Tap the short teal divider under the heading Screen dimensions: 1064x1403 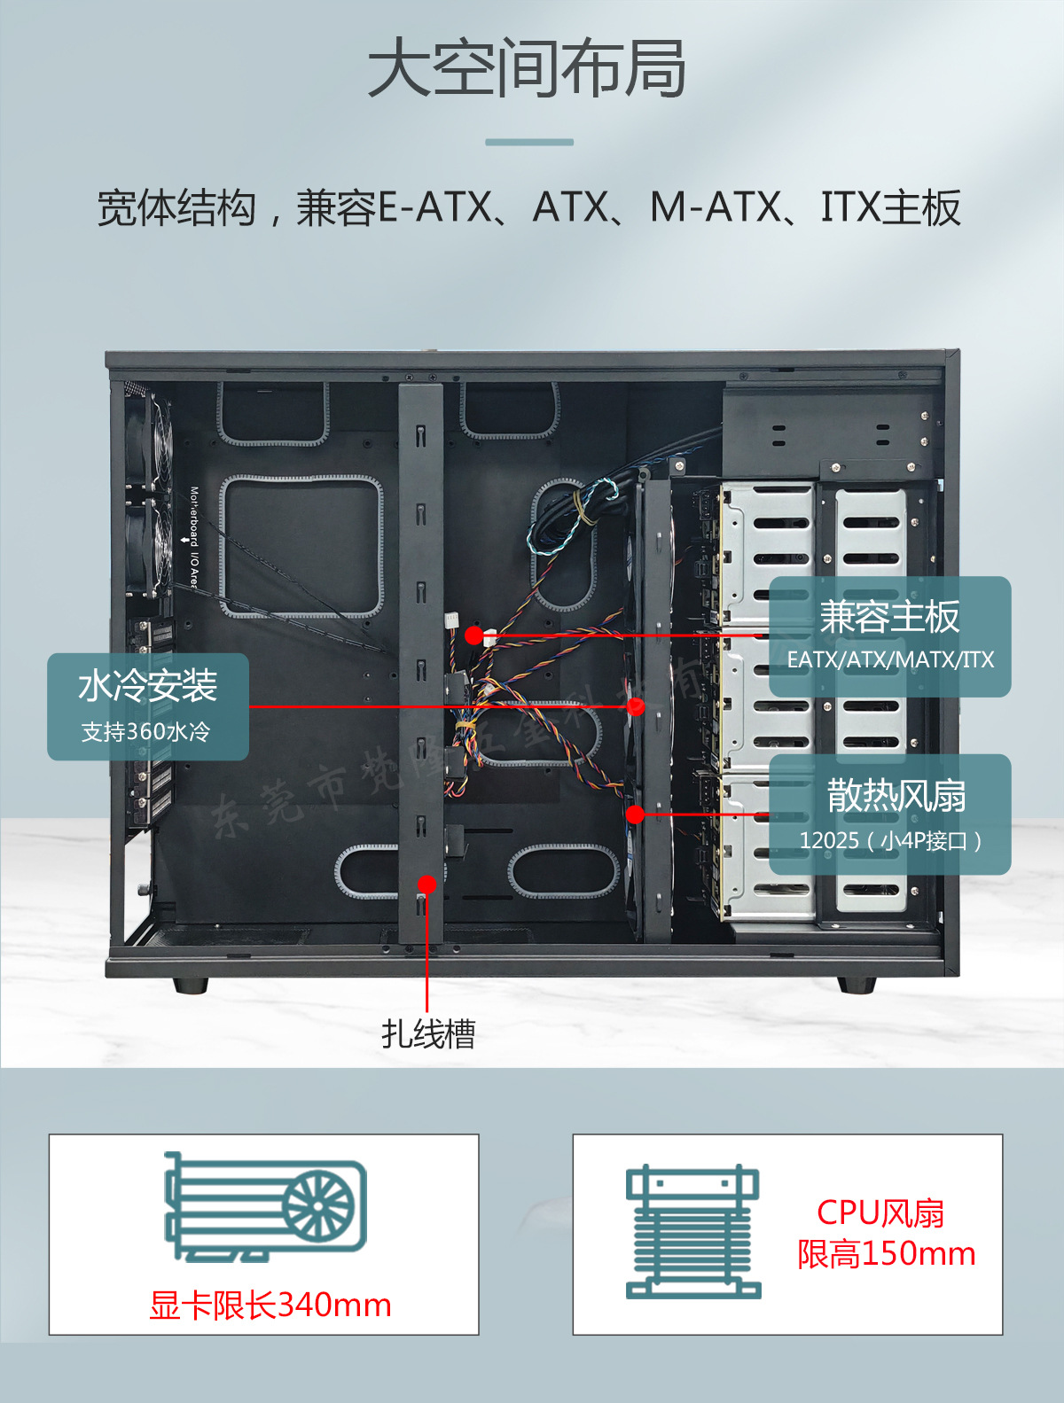pyautogui.click(x=529, y=142)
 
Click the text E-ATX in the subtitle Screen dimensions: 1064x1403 pyautogui.click(x=434, y=208)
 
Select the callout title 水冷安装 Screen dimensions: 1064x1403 pyautogui.click(x=148, y=686)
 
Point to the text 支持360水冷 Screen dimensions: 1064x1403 pyautogui.click(x=146, y=732)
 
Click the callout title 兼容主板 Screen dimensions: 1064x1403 pyautogui.click(x=889, y=617)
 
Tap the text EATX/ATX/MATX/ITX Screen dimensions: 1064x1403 pyautogui.click(x=890, y=659)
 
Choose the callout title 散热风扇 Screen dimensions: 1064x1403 pyautogui.click(x=896, y=796)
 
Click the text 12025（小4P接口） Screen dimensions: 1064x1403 pyautogui.click(x=890, y=840)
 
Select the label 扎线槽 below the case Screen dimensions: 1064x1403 pyautogui.click(x=428, y=1033)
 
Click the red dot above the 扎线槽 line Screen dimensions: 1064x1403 pyautogui.click(x=427, y=884)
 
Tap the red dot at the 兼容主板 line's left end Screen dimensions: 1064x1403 pyautogui.click(x=473, y=635)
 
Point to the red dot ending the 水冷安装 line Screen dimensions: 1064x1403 pyautogui.click(x=636, y=706)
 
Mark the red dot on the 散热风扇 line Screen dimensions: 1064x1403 pyautogui.click(x=635, y=814)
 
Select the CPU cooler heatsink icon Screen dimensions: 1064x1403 pyautogui.click(x=693, y=1232)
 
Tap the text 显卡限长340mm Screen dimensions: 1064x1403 pyautogui.click(x=270, y=1306)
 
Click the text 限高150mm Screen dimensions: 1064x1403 pyautogui.click(x=886, y=1254)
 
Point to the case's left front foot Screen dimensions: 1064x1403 pyautogui.click(x=191, y=985)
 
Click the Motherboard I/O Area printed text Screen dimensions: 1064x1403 pyautogui.click(x=193, y=537)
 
